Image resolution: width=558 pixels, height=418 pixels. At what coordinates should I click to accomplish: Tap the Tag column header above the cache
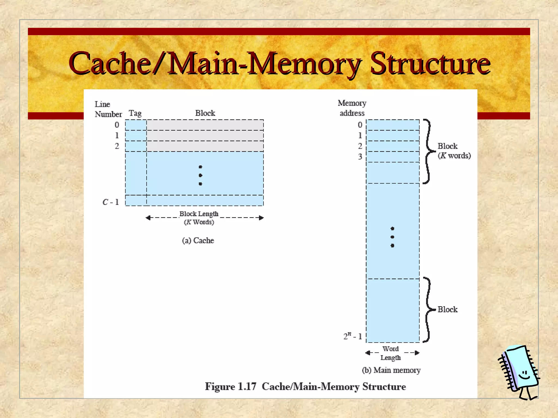135,113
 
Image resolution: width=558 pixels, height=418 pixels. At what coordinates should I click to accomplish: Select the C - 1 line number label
111,202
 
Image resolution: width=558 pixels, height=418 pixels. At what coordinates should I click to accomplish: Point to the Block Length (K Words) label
199,218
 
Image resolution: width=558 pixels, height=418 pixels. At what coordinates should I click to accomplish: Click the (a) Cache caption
198,241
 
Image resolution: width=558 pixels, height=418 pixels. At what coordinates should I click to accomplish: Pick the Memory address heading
352,108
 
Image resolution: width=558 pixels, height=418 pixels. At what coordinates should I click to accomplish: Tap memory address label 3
360,157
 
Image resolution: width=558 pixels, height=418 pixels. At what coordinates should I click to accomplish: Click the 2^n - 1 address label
353,336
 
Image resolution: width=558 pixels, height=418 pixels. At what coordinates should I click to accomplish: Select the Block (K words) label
454,151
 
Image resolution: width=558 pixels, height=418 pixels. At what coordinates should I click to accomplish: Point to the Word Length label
391,353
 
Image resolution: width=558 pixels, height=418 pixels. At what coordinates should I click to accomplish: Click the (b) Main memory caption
391,370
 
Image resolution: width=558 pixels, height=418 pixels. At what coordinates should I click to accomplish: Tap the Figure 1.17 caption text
305,387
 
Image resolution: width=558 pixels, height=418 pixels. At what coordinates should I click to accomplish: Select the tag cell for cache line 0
136,125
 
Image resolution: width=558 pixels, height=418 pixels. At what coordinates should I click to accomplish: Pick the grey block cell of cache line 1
205,136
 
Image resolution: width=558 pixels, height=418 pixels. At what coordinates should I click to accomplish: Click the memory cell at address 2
393,146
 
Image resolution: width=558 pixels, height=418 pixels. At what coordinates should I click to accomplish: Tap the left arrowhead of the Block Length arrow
148,218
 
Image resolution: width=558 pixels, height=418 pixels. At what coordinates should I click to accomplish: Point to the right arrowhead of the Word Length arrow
417,353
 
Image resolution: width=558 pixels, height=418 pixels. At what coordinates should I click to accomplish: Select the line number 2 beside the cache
117,146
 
